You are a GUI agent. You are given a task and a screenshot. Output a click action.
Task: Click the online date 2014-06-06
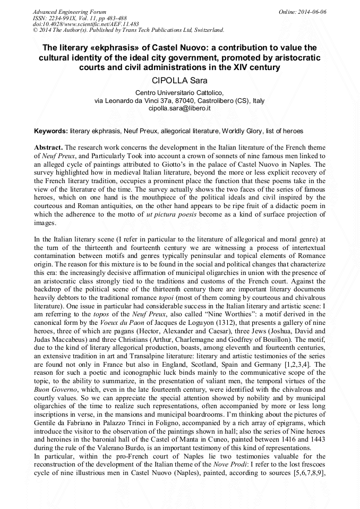point(311,12)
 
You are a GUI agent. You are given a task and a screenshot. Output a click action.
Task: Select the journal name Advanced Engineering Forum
point(70,12)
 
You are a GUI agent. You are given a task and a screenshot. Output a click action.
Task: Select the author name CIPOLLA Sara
point(179,81)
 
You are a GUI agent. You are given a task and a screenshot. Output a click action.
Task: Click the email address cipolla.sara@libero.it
point(179,108)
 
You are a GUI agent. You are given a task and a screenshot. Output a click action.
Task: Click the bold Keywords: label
point(51,131)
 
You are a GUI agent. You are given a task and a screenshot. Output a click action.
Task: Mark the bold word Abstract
point(48,147)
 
